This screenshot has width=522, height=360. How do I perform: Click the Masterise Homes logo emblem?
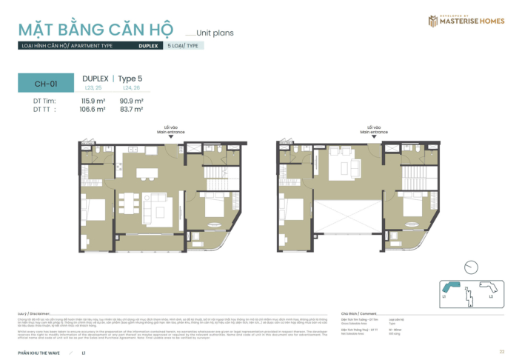tap(433, 21)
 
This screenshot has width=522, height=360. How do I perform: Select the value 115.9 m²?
tap(93, 101)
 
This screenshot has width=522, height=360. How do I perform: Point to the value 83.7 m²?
tap(131, 108)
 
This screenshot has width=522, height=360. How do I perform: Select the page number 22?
tap(501, 351)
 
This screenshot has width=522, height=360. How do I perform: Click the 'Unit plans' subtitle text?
tap(216, 33)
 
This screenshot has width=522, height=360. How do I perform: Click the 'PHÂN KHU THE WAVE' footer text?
tap(39, 351)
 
